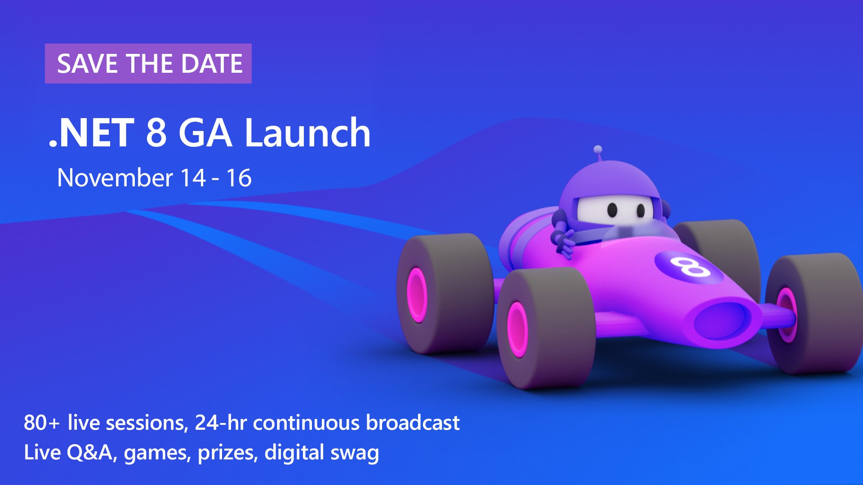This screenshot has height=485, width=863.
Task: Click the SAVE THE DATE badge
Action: point(148,63)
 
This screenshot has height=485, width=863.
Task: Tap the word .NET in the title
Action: point(92,132)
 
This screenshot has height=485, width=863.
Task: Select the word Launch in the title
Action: point(307,132)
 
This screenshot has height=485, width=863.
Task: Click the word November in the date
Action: point(115,178)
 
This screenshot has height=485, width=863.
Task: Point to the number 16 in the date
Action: point(239,178)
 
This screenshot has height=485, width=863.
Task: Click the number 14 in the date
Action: point(193,178)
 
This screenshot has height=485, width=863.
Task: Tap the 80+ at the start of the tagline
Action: point(41,423)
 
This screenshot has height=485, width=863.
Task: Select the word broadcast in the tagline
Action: point(413,423)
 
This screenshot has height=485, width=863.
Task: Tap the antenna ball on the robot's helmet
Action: point(598,150)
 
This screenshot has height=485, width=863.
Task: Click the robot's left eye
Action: point(612,209)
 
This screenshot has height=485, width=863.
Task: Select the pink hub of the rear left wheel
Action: point(417,295)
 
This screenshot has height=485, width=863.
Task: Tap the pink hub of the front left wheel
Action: point(517,329)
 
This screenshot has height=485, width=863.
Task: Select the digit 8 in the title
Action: point(156,132)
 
